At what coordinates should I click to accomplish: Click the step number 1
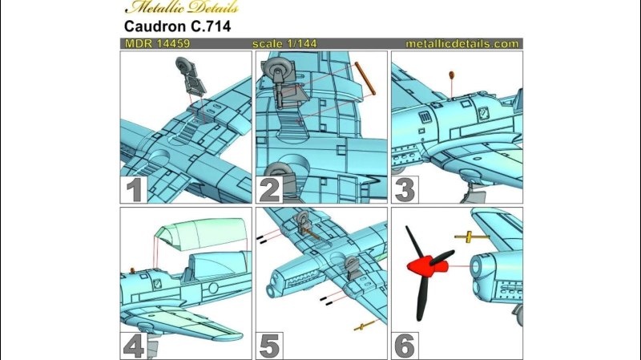134,191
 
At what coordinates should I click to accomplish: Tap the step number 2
269,191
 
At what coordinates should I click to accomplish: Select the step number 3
405,191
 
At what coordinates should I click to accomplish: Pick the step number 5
269,345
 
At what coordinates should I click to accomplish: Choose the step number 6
405,345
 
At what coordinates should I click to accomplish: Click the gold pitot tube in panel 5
365,326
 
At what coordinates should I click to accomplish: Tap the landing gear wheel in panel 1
184,70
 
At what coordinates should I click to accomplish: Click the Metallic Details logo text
170,7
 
